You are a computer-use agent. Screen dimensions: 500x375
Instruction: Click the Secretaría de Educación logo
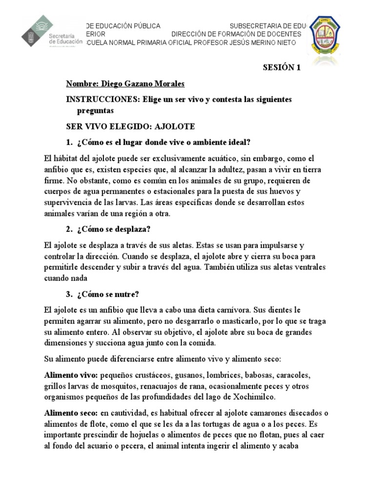(x=51, y=34)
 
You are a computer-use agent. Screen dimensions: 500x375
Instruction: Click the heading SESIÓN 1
(x=282, y=68)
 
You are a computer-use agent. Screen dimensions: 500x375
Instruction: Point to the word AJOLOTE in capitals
(x=174, y=126)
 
